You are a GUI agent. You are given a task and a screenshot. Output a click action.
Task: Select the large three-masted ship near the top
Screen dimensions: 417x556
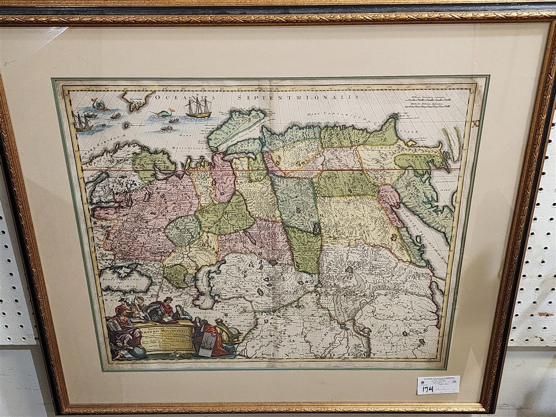click(x=198, y=107)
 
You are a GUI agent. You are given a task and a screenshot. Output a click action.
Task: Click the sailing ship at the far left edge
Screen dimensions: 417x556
click(x=81, y=122)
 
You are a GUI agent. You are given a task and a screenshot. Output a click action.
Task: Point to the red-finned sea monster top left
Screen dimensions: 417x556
click(x=100, y=105)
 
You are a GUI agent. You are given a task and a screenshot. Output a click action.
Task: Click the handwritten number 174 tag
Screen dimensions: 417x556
click(x=428, y=389)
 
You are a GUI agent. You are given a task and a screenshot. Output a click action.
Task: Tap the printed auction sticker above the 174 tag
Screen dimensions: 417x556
click(x=438, y=380)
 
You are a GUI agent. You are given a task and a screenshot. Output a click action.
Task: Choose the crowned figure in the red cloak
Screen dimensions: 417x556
click(x=163, y=308)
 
